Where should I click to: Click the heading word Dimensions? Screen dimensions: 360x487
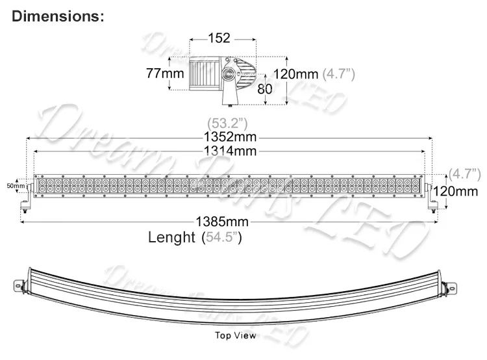coord(57,16)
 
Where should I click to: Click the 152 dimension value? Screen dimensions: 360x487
coord(219,38)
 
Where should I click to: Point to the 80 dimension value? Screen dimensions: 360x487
coord(265,88)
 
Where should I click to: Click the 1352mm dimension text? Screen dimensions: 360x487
coord(229,137)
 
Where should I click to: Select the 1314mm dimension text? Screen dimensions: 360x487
coord(229,151)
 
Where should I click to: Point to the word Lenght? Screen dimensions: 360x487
coord(171,237)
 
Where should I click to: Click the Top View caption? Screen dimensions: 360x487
coord(236,336)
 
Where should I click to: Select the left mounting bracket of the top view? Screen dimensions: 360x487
coord(18,283)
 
